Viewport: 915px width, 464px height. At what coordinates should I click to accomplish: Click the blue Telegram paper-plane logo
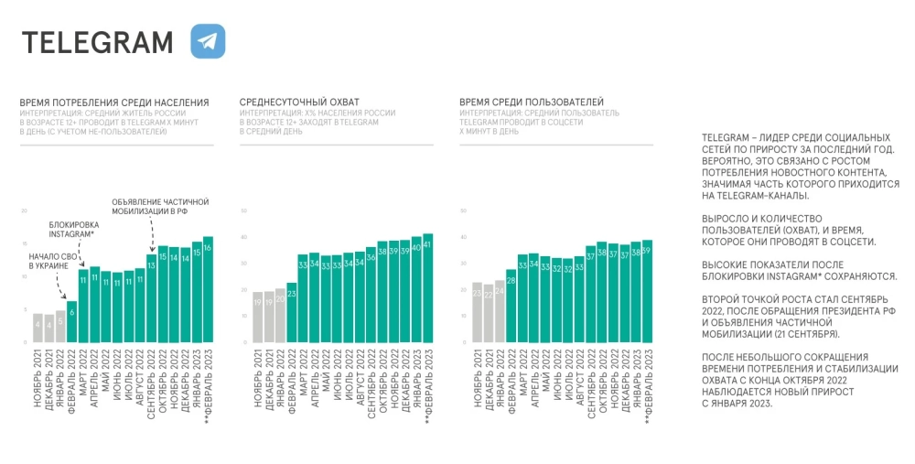[208, 41]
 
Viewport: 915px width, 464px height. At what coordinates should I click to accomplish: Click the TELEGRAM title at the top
[97, 42]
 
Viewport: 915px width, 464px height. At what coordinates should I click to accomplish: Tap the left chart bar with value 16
[208, 289]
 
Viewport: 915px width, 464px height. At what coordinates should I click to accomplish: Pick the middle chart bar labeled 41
[427, 288]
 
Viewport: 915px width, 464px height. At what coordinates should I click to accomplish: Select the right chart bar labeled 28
[511, 307]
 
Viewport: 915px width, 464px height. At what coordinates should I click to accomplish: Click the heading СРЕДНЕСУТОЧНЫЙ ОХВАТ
[299, 102]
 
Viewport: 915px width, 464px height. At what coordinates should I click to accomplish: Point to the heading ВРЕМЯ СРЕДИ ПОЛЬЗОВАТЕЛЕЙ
[531, 102]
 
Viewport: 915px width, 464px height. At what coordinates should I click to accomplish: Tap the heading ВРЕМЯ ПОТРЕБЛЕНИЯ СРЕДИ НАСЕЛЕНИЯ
[114, 102]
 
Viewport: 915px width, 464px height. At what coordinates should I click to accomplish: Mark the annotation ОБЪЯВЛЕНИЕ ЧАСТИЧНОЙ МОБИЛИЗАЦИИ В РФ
[160, 205]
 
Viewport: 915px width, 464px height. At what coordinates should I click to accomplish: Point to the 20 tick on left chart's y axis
[24, 211]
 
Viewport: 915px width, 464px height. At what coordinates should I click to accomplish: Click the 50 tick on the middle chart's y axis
[243, 211]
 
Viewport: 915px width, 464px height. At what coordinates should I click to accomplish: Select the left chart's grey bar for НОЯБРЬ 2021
[38, 328]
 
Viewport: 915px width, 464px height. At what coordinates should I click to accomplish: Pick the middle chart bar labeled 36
[371, 295]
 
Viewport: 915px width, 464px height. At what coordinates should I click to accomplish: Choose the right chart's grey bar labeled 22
[489, 314]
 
